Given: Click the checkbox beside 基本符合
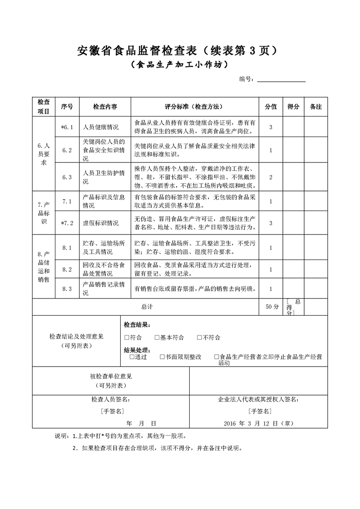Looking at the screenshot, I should point(157,338).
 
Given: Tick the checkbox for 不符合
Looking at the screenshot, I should point(200,338).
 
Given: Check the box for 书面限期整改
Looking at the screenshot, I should point(162,357).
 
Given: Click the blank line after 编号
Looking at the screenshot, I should point(281,79).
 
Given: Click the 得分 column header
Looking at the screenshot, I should point(293,107).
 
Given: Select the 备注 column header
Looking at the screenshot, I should point(316,107).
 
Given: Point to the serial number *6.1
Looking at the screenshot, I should point(67,127).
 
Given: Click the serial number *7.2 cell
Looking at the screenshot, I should point(67,223).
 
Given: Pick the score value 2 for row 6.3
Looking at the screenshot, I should point(271,177).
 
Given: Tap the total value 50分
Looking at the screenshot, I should point(272,307).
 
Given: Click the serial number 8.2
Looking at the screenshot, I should point(67,269).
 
